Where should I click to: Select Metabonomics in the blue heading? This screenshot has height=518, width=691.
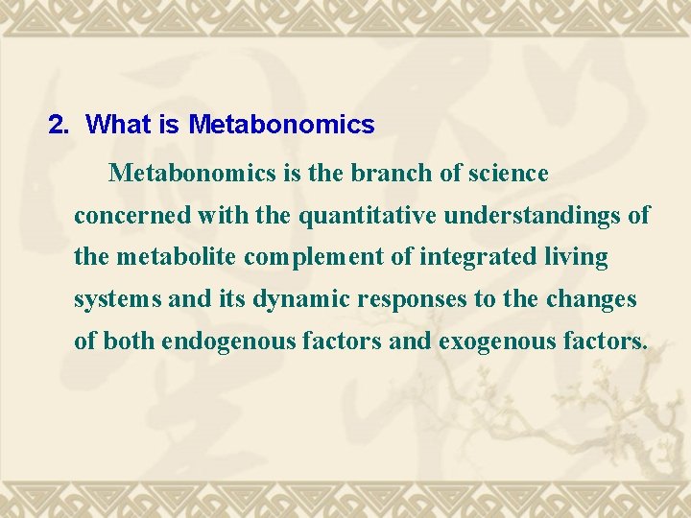281,125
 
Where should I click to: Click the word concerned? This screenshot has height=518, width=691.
132,216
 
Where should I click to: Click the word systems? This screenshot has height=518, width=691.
118,300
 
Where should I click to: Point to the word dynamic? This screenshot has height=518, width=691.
302,300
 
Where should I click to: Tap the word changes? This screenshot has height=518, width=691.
591,300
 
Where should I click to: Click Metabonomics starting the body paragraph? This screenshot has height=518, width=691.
182,174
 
